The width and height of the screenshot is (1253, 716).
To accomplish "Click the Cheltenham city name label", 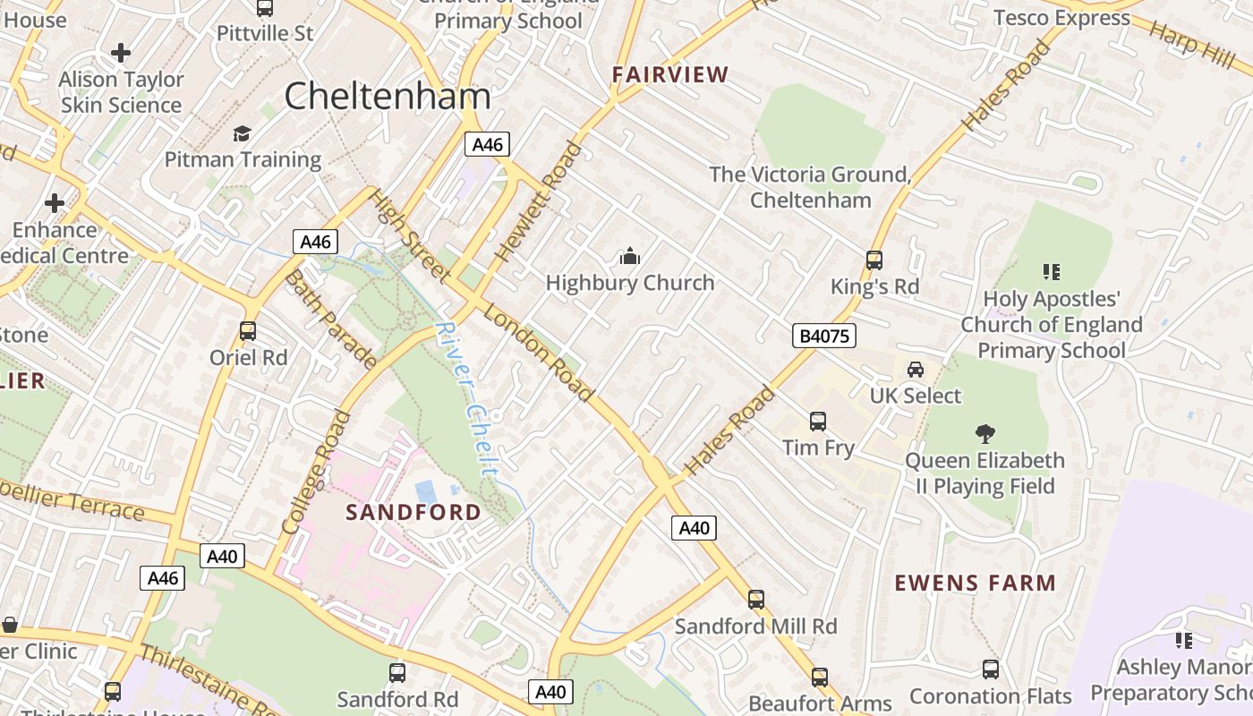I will pos(388,97).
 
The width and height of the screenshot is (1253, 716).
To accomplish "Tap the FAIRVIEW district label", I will pos(670,75).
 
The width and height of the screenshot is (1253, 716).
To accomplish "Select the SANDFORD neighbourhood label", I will pos(413,513).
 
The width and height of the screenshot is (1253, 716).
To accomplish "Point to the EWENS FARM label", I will pos(976,584).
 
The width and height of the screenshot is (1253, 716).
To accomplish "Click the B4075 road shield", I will pos(824,336).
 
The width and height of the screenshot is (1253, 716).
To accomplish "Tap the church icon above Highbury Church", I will pos(630,258).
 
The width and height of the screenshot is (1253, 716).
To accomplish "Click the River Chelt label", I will pos(467,397).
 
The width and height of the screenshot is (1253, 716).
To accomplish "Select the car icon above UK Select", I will pos(916,370).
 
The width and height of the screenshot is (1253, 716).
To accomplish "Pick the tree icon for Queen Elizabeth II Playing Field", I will pos(984,434).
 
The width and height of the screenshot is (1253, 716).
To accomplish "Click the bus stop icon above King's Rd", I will pos(874,260).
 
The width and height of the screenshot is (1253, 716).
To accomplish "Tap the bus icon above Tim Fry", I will pos(818,422).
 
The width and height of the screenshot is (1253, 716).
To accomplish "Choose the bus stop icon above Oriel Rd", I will pos(248,331).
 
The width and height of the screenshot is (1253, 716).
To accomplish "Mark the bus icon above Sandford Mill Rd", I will pos(756,600).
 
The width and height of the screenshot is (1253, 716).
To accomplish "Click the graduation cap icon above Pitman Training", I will pos(243,134).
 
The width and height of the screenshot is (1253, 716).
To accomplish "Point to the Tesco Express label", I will pos(1061,18).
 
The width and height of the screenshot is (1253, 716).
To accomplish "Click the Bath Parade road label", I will pos(329,318).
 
